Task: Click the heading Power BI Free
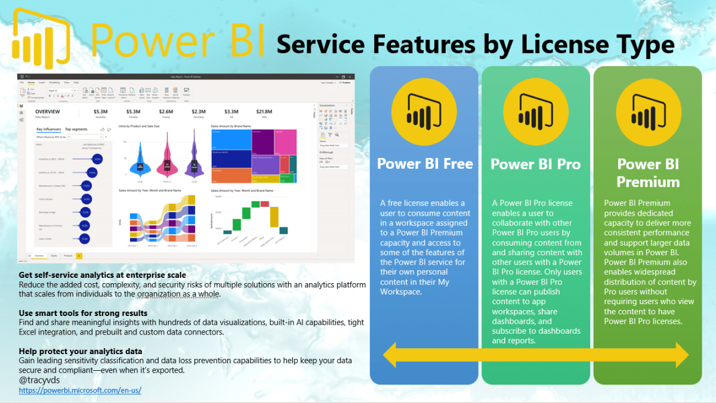424,163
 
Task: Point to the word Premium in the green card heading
647,181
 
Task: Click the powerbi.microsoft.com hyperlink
80,390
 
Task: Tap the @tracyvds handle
39,380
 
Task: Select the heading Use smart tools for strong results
83,313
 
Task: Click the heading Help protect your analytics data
81,351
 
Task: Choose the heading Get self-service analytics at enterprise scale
102,275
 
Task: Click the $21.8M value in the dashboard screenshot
264,111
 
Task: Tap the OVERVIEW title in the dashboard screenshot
47,111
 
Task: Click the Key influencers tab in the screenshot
48,129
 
